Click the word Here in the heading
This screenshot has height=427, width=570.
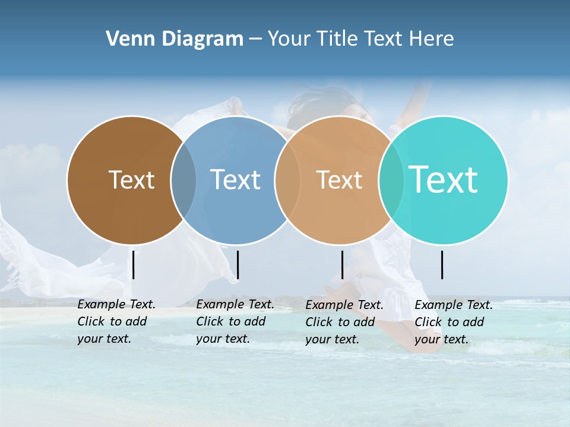coord(432,39)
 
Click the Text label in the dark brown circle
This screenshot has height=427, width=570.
coord(131,180)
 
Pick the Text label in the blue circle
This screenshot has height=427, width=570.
coord(235,180)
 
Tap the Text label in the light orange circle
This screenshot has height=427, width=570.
coord(339,180)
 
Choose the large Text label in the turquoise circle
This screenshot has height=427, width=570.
coord(444,180)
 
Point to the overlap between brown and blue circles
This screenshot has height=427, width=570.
coord(183,180)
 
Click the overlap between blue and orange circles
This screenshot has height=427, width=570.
coord(287,180)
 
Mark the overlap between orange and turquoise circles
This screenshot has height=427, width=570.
coord(391,180)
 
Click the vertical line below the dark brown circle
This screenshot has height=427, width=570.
coord(134,265)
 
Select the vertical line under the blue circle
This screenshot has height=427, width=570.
coord(237,265)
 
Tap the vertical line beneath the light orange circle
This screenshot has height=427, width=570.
coord(342,265)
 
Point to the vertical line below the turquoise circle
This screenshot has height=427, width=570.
coord(442,265)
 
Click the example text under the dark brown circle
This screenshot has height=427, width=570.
coord(116,321)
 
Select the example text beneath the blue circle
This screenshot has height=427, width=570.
coord(235,321)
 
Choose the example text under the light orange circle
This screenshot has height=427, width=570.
coord(344,322)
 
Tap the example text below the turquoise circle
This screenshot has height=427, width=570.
coord(454,322)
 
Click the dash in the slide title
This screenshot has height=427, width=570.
coord(255,40)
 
